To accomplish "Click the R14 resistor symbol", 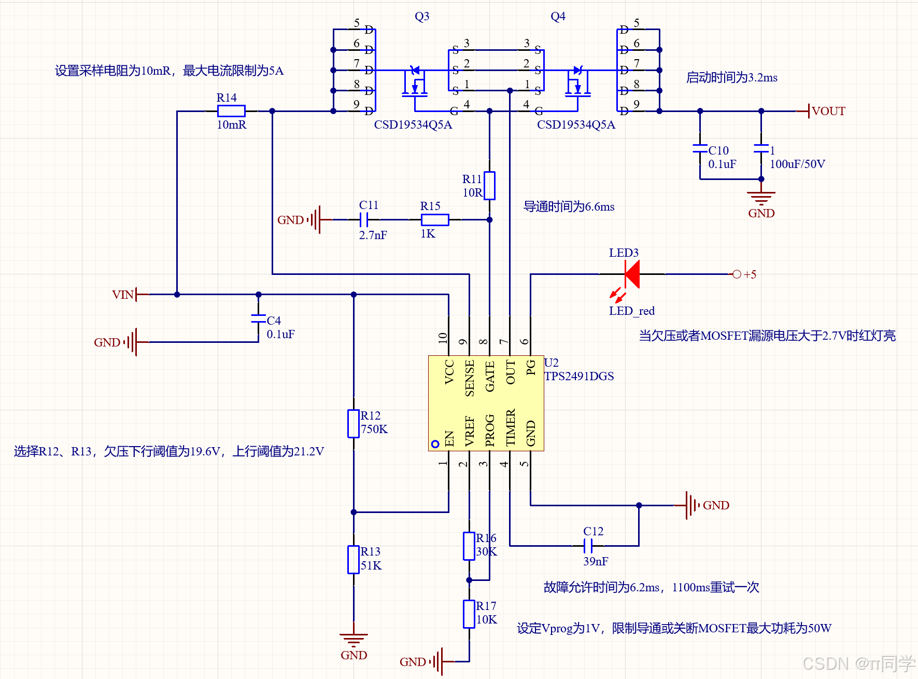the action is pos(231,110).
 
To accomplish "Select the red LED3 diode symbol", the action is pos(632,274).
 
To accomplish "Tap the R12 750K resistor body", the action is pos(354,424).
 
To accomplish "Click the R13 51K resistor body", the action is pos(354,560).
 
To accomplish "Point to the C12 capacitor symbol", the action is pos(588,546).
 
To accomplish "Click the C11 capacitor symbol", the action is pos(364,220).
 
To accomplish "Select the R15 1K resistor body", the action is pos(435,219).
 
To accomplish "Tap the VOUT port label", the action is pos(828,111).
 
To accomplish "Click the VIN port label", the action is pos(123,295).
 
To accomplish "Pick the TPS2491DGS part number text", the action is pos(579,376).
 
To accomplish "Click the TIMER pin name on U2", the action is pos(511,427).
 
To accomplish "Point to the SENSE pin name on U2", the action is pos(470,378).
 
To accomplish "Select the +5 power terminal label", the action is pos(750,274).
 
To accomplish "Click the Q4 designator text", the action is pos(558,16).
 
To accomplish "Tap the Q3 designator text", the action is pos(422,16).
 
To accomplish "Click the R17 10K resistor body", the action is pos(469,614).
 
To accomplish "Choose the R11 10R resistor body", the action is pos(489,186).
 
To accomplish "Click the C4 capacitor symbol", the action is pos(258,318).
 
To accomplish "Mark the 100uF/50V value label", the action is pos(797,164).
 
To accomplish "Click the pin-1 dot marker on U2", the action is pos(435,444).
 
